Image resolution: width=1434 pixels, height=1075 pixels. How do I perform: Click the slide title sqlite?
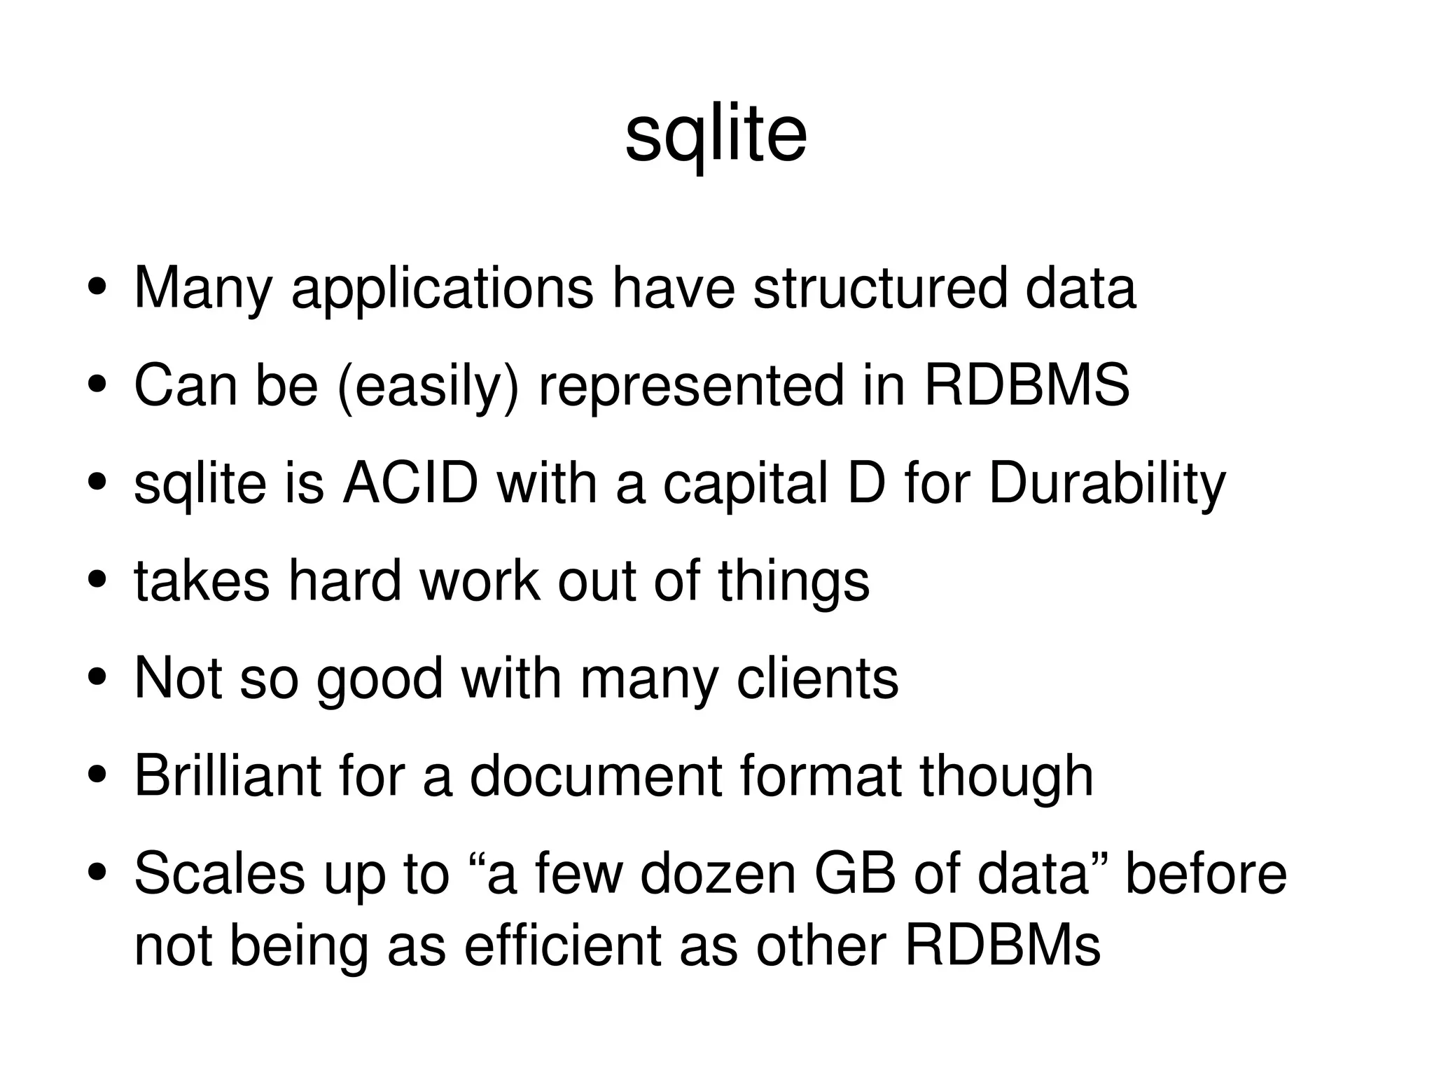[716, 137]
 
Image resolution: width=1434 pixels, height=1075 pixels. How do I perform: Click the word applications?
[442, 289]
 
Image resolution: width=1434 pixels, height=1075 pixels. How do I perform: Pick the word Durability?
[1107, 485]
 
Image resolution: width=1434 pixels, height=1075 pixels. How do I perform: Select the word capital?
[745, 485]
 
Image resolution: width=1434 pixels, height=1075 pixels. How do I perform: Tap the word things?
[793, 582]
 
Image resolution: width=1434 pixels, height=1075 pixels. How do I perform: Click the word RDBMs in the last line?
[1002, 946]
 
